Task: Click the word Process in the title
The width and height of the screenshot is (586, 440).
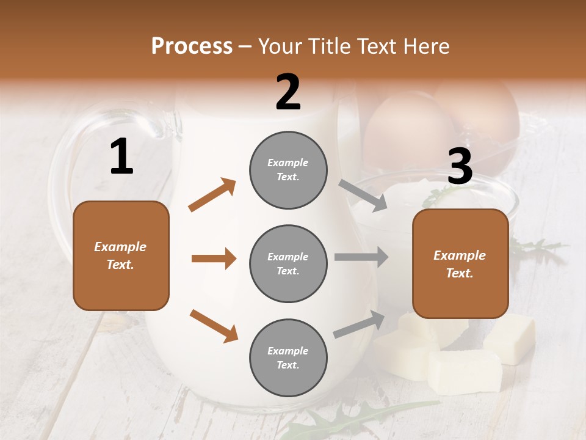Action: pyautogui.click(x=192, y=46)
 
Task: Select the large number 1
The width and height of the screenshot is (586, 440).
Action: pyautogui.click(x=121, y=157)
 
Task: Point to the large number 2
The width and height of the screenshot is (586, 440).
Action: pyautogui.click(x=288, y=92)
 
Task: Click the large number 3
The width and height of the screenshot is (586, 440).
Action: pyautogui.click(x=460, y=167)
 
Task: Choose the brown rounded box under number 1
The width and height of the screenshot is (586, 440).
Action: pyautogui.click(x=121, y=255)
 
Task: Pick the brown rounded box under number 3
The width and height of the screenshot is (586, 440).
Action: pyautogui.click(x=460, y=263)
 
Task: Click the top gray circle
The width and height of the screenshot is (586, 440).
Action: pyautogui.click(x=288, y=169)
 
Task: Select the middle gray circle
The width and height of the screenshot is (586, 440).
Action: pyautogui.click(x=288, y=263)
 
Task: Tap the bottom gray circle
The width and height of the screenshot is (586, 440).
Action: pyautogui.click(x=288, y=358)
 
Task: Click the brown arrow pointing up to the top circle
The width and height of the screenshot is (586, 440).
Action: pyautogui.click(x=212, y=195)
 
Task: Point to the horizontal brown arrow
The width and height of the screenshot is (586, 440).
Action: pyautogui.click(x=214, y=258)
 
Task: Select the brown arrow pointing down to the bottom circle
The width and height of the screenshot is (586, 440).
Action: pyautogui.click(x=214, y=325)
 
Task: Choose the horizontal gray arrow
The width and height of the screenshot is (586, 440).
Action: pyautogui.click(x=361, y=257)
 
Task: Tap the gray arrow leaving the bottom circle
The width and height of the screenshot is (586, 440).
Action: pyautogui.click(x=359, y=324)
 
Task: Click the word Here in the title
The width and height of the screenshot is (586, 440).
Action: pyautogui.click(x=427, y=46)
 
